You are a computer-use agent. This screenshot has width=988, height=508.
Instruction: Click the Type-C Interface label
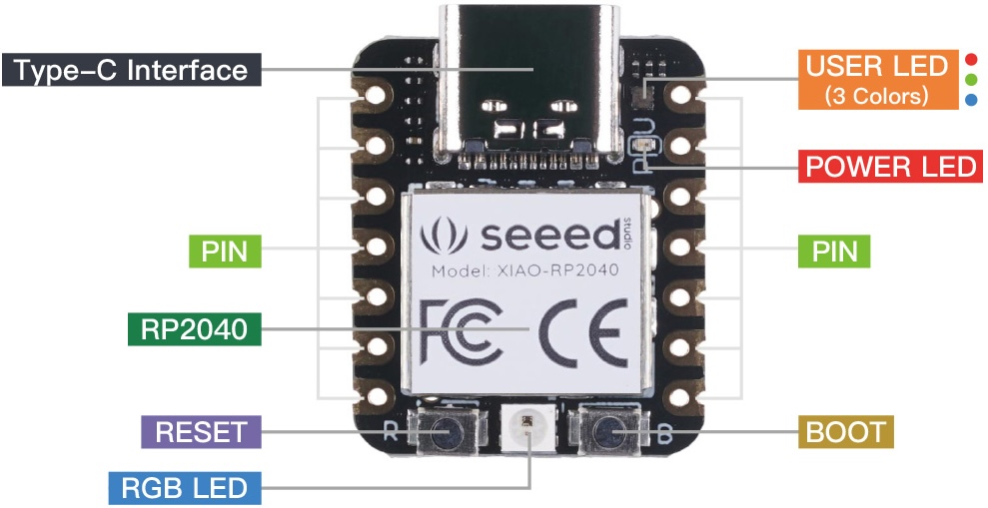131,71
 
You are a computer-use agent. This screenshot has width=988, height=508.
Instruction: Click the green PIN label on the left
224,251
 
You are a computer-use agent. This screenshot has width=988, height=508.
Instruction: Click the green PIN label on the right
833,251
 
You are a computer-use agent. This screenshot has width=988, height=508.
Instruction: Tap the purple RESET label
201,432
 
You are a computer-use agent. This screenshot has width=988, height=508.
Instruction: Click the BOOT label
845,432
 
